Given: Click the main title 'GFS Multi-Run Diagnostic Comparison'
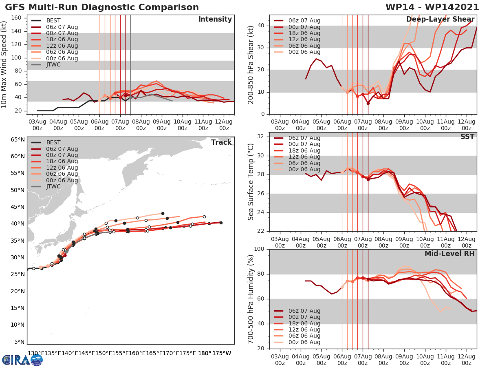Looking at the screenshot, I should tap(102, 7).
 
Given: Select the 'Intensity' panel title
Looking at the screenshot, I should tap(215, 20).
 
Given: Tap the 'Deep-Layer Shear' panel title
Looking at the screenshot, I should tap(440, 20).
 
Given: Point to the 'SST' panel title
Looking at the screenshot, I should tap(467, 137).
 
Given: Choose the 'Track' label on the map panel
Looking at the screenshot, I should tap(221, 142).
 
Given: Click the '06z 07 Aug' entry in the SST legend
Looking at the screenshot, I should tap(304, 138).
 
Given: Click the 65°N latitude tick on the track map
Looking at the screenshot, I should tap(18, 139).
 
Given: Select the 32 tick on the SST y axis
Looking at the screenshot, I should tap(261, 137).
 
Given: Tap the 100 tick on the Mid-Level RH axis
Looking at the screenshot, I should tap(259, 249).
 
